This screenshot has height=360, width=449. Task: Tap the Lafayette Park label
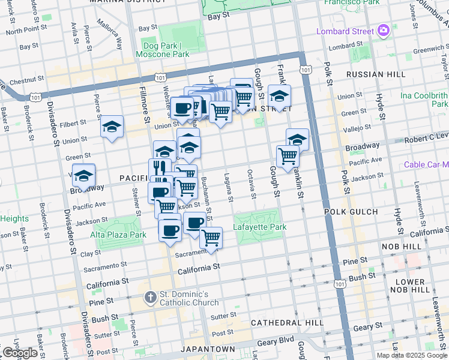click(x=259, y=227)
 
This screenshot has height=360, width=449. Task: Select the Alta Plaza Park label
click(x=118, y=235)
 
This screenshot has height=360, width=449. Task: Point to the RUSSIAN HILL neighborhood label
click(x=368, y=76)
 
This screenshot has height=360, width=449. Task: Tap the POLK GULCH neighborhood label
click(x=351, y=212)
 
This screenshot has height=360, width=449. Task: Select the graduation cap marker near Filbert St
click(x=112, y=127)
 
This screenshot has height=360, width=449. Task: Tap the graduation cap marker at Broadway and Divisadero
click(x=83, y=175)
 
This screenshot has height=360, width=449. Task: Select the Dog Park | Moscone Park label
click(x=166, y=50)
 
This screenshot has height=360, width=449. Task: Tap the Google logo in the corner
click(x=20, y=353)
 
